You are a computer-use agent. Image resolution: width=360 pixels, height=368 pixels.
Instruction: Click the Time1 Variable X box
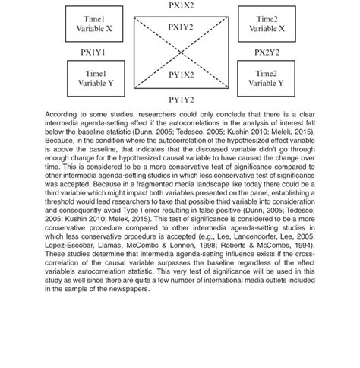click(x=94, y=24)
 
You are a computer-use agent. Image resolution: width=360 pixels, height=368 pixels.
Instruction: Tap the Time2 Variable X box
click(x=266, y=24)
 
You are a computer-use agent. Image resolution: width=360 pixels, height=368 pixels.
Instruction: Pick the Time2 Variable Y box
click(x=266, y=78)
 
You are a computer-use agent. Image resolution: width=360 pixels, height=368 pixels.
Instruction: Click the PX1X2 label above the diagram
click(x=181, y=5)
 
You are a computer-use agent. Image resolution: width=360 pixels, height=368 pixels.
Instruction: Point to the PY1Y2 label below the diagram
click(x=181, y=100)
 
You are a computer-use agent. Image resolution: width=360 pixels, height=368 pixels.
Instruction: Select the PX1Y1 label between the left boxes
click(x=94, y=52)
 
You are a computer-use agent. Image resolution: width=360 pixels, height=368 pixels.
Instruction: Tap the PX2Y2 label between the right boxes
click(x=267, y=52)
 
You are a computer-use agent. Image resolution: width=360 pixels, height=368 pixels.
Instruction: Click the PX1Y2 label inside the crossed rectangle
click(x=181, y=27)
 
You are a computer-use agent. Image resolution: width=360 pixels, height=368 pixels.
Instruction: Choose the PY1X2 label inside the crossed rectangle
click(x=181, y=75)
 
